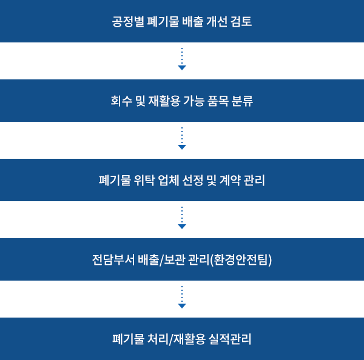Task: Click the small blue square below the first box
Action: point(182,67)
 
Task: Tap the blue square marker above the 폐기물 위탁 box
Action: point(182,147)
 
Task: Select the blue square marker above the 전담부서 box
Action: point(182,226)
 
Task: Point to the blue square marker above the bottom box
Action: point(182,305)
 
